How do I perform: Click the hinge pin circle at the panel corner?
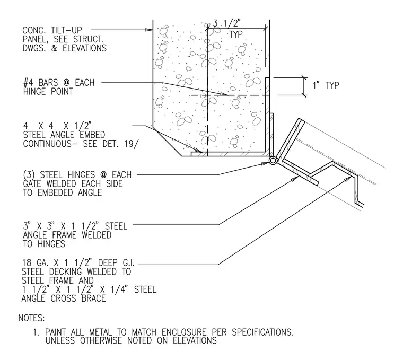coord(273,161)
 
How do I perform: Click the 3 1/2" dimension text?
coord(226,23)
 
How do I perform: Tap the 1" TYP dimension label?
coord(326,85)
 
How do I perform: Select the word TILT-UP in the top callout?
coord(66,30)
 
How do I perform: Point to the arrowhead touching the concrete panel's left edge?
coord(149,30)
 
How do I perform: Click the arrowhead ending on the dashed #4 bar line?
coord(224,94)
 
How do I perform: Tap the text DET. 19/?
coord(120,144)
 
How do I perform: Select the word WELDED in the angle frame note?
coord(97,235)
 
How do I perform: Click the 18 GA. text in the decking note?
coord(35,262)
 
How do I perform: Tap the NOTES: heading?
coord(32,318)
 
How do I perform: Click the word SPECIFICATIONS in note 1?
coord(262,332)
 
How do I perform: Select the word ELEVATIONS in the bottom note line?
coord(195,340)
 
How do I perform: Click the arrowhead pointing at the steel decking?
coord(349,178)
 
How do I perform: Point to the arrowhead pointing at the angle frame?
coord(295,178)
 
